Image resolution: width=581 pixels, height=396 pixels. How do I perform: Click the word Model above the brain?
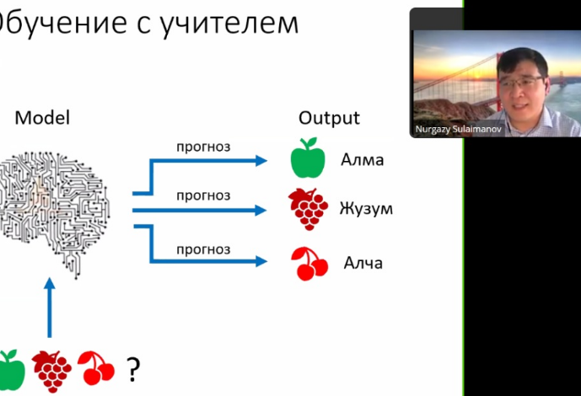tap(42, 118)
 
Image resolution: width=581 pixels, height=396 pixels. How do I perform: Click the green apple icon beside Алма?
tap(307, 158)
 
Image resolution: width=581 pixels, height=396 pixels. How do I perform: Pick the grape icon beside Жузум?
tap(308, 208)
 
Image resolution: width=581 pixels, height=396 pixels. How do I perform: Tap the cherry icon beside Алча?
tap(309, 263)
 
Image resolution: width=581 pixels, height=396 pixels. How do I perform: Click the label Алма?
tap(363, 159)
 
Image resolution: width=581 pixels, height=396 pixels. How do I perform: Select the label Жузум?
tap(367, 209)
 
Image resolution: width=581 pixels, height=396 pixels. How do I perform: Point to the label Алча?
tap(363, 263)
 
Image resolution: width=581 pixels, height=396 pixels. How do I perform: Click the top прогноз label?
tap(203, 147)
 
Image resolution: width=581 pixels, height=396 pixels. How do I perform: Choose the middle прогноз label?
tap(203, 195)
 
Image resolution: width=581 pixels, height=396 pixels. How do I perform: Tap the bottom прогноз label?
tap(203, 249)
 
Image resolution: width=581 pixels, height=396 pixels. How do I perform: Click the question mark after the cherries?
tap(133, 368)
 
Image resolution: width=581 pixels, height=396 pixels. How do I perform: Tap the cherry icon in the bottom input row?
tap(96, 368)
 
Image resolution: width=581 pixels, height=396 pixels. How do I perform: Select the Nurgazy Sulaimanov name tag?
tap(458, 130)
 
